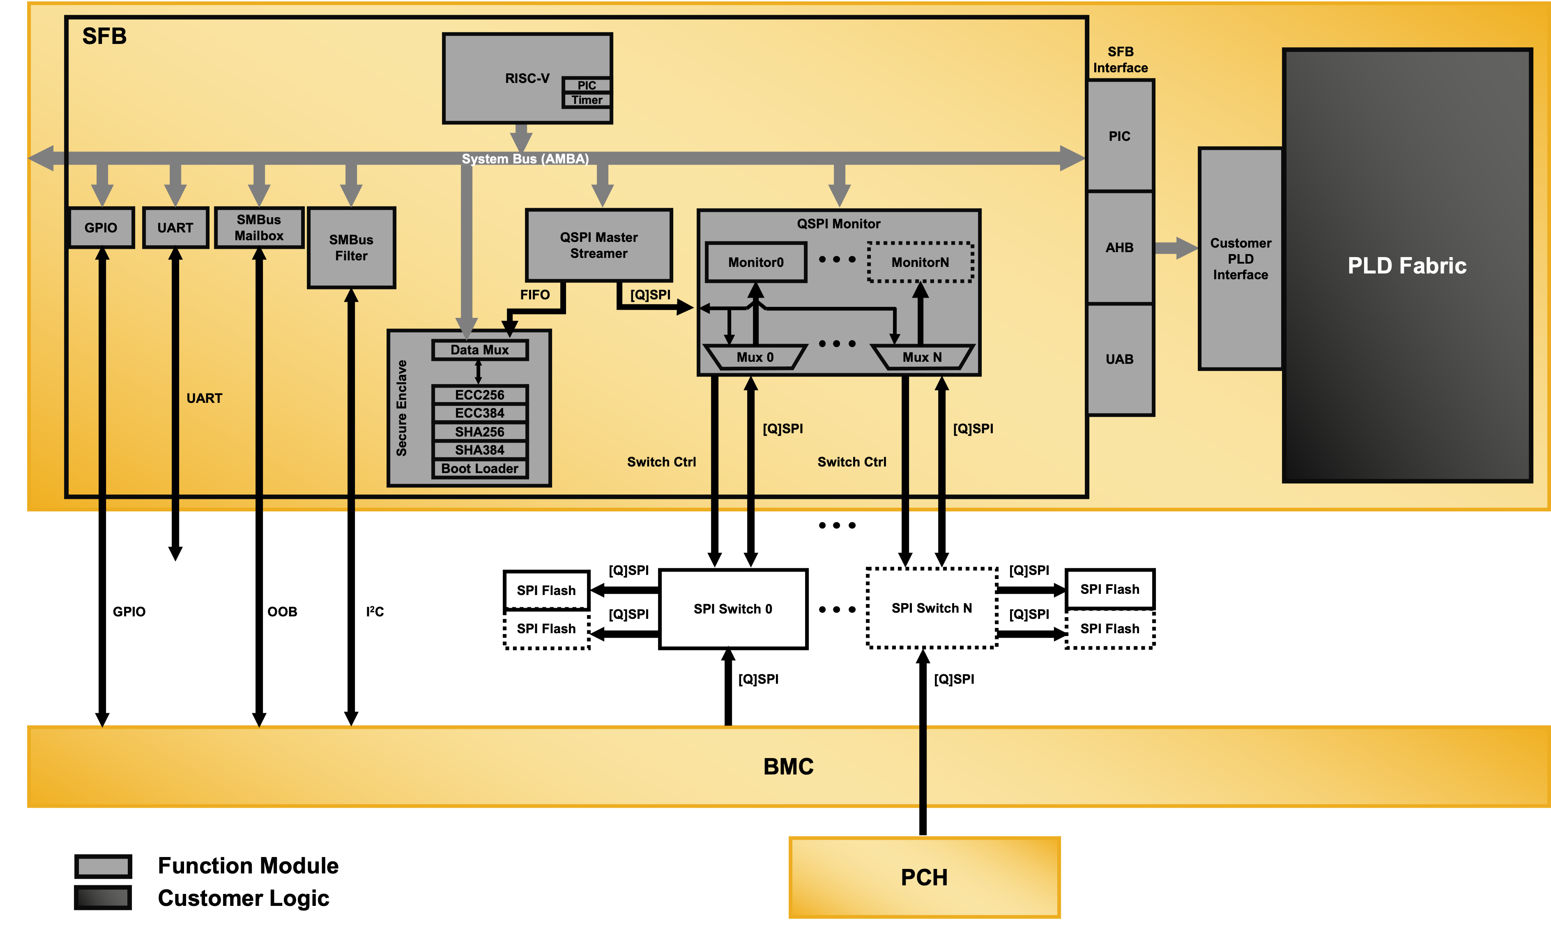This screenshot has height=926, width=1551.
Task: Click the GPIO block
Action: click(x=101, y=228)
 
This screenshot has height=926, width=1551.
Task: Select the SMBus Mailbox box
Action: click(x=259, y=228)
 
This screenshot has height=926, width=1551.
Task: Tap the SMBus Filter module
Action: click(x=351, y=248)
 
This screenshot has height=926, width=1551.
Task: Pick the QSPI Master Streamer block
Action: click(x=598, y=245)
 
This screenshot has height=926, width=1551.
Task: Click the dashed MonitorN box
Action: click(x=920, y=262)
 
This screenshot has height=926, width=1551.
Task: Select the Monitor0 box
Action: click(x=756, y=262)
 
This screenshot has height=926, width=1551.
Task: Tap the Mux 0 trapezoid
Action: click(x=755, y=357)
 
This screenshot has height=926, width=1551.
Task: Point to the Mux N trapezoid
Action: click(x=922, y=357)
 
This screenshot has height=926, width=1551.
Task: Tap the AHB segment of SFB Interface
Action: click(x=1120, y=248)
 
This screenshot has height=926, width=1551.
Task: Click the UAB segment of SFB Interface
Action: click(x=1120, y=359)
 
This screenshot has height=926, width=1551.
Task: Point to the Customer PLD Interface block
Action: click(x=1240, y=259)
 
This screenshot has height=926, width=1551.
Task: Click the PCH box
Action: click(x=924, y=877)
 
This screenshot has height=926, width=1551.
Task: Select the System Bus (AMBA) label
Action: click(x=525, y=159)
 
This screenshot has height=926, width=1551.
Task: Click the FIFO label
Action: click(x=535, y=294)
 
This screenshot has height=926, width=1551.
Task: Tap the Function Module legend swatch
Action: click(x=103, y=866)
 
